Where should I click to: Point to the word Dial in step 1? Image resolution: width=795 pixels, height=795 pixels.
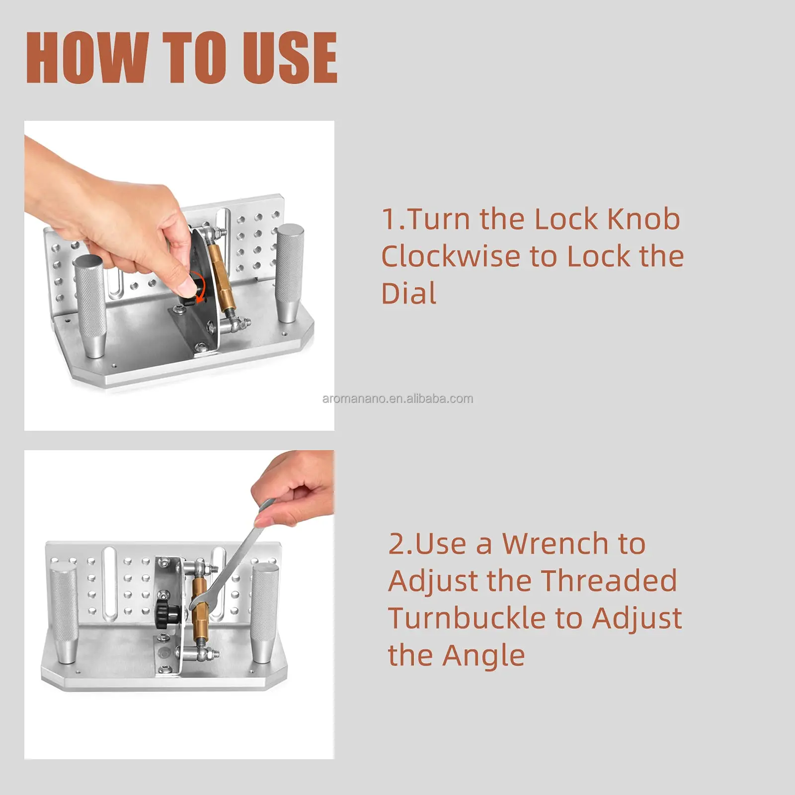pos(408,293)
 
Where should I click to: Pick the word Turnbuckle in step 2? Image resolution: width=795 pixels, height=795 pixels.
pos(467,618)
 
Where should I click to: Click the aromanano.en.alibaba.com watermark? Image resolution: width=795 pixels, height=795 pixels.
pos(397,398)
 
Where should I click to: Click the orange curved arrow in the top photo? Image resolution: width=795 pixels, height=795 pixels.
pos(199,286)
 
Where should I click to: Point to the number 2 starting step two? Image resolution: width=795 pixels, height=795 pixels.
pos(397,544)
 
